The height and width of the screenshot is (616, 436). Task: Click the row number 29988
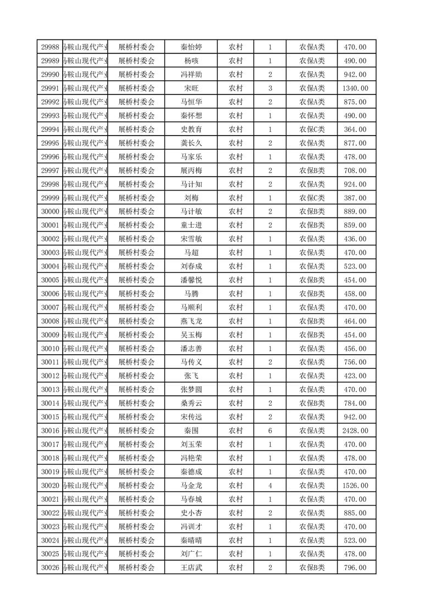[50, 47]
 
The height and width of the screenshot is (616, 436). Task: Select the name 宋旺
[191, 88]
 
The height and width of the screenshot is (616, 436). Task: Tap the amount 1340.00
[355, 88]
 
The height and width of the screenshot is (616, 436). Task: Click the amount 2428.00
[355, 431]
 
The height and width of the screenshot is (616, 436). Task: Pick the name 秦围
[191, 431]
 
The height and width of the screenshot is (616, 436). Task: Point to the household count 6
[270, 431]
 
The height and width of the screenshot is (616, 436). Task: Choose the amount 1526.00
[355, 486]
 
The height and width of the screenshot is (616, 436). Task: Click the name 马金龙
[191, 486]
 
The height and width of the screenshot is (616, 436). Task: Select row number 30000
[50, 212]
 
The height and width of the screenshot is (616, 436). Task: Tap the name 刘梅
[191, 198]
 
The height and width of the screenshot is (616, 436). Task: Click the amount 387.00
[355, 198]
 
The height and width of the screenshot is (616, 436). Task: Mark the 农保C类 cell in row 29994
[312, 130]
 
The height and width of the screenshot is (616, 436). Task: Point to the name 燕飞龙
[191, 321]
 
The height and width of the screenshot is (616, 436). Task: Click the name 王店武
[191, 568]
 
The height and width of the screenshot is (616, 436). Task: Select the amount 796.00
[355, 568]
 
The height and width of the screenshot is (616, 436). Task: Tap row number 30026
[50, 568]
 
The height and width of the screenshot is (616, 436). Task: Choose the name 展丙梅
[191, 171]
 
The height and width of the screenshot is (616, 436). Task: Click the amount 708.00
[355, 171]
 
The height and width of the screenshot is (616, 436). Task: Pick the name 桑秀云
[191, 404]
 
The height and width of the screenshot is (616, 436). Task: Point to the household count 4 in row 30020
[270, 486]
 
